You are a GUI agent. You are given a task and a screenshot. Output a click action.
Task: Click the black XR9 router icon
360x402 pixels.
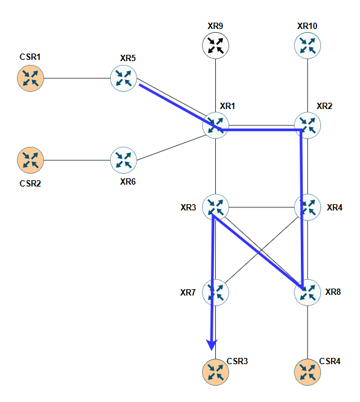tap(215, 45)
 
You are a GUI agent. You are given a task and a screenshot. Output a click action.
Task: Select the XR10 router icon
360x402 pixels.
tap(308, 45)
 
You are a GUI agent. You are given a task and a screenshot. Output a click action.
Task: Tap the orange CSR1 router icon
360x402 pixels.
tap(30, 78)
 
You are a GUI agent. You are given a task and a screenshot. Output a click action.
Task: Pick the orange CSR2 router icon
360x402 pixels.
tap(30, 160)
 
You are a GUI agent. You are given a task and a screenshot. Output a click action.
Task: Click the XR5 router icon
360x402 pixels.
tap(123, 78)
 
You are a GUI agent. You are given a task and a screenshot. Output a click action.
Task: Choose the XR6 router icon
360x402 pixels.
tap(123, 160)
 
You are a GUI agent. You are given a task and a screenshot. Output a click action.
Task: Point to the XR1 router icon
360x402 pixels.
tap(215, 125)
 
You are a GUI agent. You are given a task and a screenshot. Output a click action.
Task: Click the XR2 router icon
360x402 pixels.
tap(308, 125)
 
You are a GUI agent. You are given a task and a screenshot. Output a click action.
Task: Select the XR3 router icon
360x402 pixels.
tap(215, 207)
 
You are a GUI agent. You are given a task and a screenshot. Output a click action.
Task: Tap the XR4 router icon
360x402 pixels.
tap(308, 207)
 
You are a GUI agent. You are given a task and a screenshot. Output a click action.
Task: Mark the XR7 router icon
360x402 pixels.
tap(215, 292)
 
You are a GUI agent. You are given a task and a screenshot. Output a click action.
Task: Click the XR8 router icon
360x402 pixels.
tap(308, 292)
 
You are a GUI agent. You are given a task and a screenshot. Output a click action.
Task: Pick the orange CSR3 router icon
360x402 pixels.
tap(215, 372)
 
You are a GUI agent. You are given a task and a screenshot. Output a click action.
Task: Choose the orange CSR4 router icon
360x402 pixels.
tap(308, 372)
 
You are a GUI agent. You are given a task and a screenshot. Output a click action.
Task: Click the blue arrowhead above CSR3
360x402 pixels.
tap(211, 345)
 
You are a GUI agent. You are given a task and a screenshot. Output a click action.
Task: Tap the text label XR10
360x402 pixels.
tap(307, 26)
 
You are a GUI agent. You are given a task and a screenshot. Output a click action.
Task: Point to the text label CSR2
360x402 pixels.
tap(30, 183)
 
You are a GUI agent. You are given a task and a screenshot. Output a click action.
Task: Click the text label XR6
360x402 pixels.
tap(128, 181)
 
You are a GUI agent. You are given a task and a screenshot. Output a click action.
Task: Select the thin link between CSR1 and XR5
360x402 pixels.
tap(77, 78)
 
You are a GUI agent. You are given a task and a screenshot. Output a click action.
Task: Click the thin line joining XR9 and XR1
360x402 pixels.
tap(215, 86)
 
